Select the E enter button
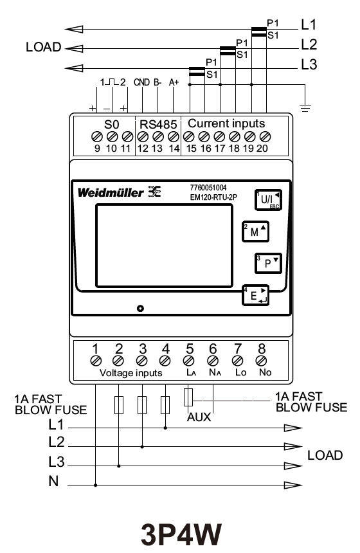(255, 296)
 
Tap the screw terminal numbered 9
(98, 136)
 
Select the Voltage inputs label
(131, 373)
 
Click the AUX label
(199, 416)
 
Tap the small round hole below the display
(141, 309)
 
